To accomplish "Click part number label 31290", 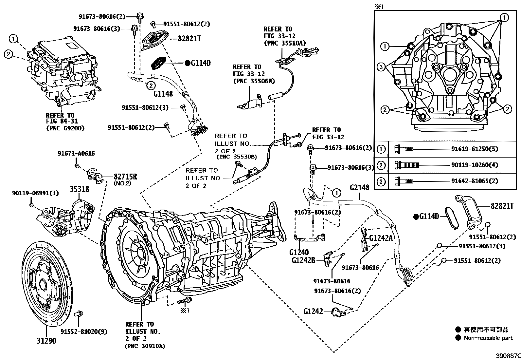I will point(46,341).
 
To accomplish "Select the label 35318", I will point(79,189).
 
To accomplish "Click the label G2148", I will point(359,187).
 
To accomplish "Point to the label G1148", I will point(163,94).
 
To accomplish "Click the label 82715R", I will point(125,177).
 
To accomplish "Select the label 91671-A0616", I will point(76,153).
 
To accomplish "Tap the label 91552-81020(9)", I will point(84,332).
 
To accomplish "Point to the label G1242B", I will point(303,260).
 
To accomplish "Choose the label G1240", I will point(299,253).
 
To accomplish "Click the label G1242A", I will point(381,238).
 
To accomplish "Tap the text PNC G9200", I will point(65,128).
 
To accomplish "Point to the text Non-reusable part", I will point(488,338).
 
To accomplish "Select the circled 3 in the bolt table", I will point(381,181).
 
